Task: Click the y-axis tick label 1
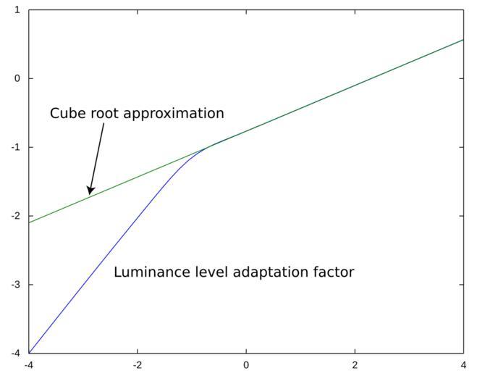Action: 17,10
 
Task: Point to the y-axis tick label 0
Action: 17,78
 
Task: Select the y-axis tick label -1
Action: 15,147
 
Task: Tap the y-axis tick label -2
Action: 15,216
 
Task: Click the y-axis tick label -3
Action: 15,285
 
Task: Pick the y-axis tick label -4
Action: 15,353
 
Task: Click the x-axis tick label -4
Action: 28,364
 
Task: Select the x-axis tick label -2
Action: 137,364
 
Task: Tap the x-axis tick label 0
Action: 246,364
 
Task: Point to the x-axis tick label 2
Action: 355,364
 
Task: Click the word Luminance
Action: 151,272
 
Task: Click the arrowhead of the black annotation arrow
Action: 90,192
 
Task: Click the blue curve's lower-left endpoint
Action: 29,353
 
